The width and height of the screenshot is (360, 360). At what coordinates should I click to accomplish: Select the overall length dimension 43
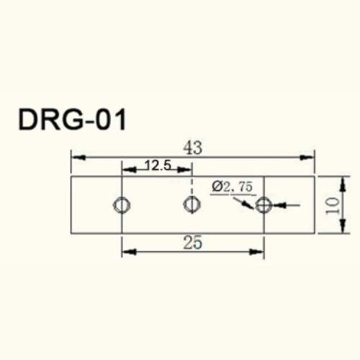point(192,148)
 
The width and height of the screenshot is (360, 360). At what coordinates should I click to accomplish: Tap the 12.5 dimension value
point(156,166)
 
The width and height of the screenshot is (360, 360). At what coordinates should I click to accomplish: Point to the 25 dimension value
point(192,243)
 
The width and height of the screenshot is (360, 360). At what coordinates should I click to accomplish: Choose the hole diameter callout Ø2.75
point(233,186)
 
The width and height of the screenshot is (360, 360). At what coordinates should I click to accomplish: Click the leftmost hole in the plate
point(122,205)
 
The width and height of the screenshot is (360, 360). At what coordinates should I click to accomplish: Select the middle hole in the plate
point(190,205)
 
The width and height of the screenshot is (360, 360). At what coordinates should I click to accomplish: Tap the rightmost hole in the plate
point(264,205)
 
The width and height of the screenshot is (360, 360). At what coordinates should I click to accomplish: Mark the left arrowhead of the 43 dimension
point(76,156)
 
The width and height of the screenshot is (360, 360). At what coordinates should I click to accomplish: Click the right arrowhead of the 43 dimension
point(310,156)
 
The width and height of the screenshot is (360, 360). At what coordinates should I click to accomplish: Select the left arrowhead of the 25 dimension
point(127,251)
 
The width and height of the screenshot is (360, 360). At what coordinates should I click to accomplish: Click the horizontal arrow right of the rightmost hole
point(281,205)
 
